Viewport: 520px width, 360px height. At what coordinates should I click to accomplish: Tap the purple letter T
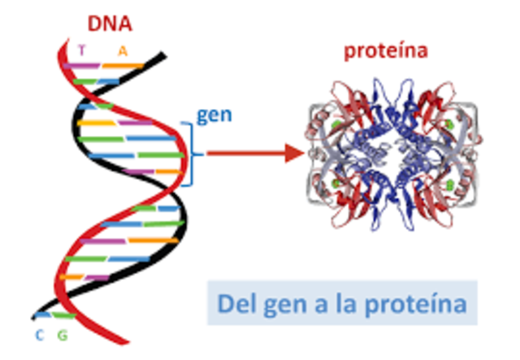click(81, 50)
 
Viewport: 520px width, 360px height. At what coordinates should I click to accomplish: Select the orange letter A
click(123, 50)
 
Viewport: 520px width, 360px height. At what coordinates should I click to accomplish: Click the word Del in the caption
click(236, 305)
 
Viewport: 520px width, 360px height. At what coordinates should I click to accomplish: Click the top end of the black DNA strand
click(164, 56)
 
